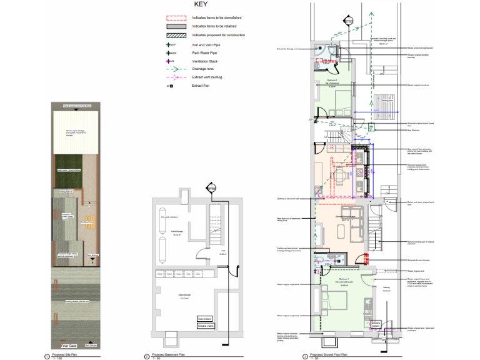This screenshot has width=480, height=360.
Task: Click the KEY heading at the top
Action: (x=201, y=4)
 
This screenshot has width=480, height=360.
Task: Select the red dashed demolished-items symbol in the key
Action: (x=176, y=18)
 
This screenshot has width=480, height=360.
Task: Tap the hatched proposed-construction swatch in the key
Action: (x=176, y=35)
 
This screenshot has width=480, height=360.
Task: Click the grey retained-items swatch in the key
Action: (x=176, y=26)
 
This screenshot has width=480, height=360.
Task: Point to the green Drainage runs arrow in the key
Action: (x=176, y=69)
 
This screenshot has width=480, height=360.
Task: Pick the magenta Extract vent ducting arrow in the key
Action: (x=176, y=77)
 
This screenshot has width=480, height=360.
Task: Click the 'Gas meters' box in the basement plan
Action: (x=206, y=318)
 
